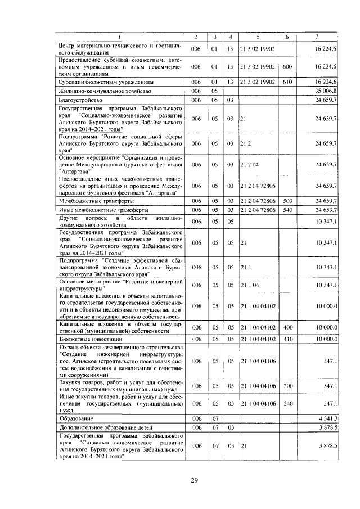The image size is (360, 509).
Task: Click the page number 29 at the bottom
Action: tap(194, 480)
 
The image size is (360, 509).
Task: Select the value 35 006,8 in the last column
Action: tap(326, 91)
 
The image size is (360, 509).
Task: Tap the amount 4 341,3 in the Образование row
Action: tap(327, 418)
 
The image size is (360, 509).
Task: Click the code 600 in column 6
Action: tap(287, 67)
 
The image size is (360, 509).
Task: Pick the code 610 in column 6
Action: tap(287, 82)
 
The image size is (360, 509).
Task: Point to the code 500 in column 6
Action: tap(287, 201)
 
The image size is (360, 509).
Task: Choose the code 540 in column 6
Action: tap(287, 210)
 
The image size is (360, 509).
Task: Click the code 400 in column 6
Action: tap(287, 327)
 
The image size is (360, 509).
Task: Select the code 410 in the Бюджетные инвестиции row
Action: tap(287, 340)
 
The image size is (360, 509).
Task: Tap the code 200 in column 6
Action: tap(287, 386)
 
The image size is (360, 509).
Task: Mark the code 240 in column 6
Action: tap(287, 403)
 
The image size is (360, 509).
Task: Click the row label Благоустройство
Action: tap(79, 100)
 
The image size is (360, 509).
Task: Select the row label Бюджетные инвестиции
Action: tap(88, 340)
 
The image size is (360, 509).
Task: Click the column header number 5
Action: tap(258, 37)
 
